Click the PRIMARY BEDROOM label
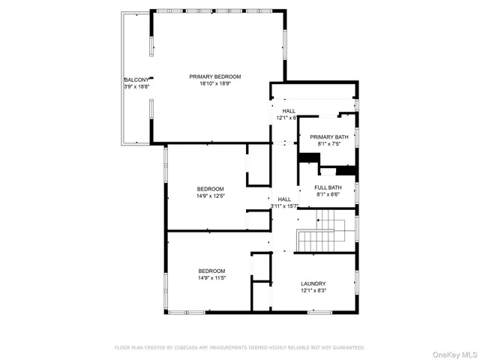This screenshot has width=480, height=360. (x=215, y=76)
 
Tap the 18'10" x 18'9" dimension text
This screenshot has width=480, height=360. (x=215, y=84)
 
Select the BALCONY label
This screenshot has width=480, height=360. (x=136, y=79)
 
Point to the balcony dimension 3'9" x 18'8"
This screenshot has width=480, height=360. (x=136, y=87)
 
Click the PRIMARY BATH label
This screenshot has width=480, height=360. (x=328, y=136)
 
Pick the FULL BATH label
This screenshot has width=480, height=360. (x=328, y=187)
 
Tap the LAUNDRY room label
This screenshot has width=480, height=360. (x=313, y=283)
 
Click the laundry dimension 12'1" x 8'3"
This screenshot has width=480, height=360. (x=313, y=291)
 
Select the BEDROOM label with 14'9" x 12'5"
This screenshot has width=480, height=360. (x=211, y=188)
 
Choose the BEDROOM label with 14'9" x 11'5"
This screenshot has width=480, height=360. (x=211, y=271)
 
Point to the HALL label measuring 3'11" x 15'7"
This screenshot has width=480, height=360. (x=284, y=199)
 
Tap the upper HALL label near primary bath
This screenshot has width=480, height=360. (x=289, y=111)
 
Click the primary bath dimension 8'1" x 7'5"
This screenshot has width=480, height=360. (x=328, y=144)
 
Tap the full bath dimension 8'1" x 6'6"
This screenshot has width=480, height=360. (x=328, y=195)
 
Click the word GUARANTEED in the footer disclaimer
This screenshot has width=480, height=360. (x=349, y=348)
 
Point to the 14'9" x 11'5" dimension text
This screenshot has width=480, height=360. (x=211, y=278)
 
